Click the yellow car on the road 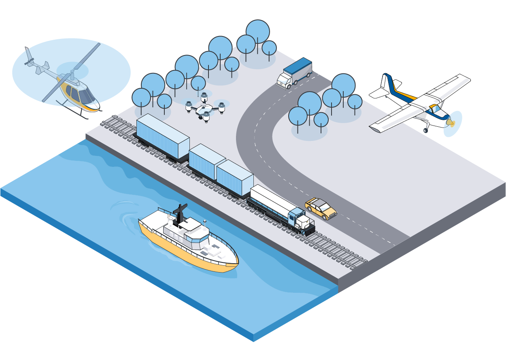[321, 208]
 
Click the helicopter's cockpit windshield [86, 96]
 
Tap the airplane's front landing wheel [426, 130]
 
